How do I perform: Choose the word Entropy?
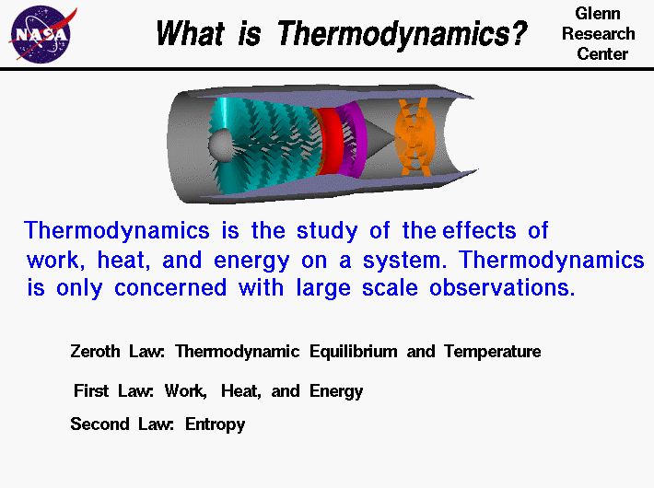coord(216,425)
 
